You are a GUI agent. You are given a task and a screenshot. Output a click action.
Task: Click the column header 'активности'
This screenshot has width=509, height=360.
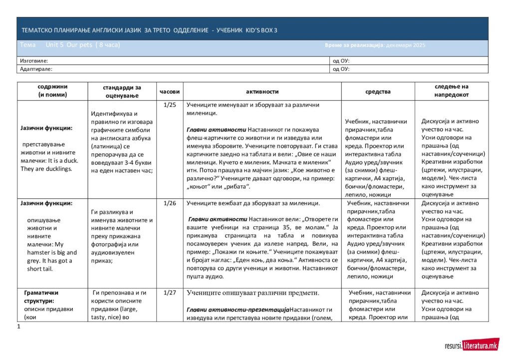click(262, 92)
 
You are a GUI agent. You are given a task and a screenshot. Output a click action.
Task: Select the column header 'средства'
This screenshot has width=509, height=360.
click(378, 92)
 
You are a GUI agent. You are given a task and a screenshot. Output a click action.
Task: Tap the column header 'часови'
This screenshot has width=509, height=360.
click(170, 92)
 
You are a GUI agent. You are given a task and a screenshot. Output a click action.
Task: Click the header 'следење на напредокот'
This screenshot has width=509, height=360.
click(451, 90)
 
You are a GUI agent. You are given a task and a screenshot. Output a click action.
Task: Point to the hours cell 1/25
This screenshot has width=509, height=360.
click(170, 105)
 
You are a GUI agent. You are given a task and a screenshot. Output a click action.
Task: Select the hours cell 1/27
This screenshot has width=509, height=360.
click(170, 293)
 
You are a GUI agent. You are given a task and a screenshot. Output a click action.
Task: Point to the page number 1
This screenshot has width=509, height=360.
click(18, 327)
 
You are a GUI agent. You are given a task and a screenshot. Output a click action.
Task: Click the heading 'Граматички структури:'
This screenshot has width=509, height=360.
click(42, 297)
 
